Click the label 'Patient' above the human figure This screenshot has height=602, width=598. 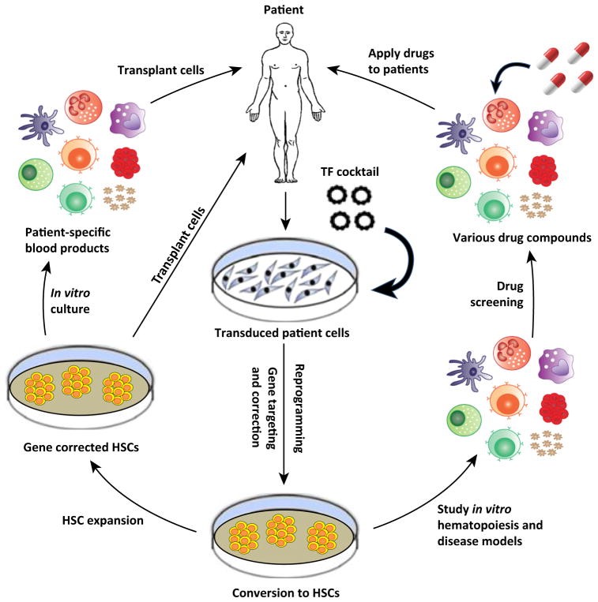click(286, 10)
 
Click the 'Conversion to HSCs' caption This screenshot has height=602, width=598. click(286, 591)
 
